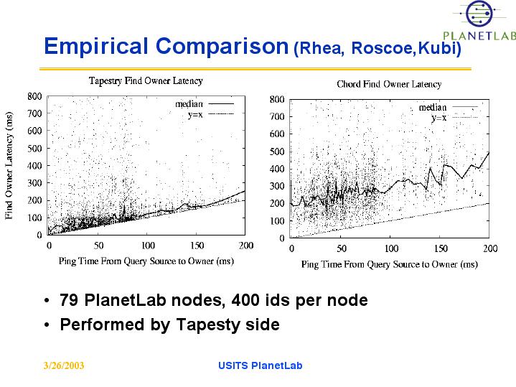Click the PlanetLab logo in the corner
pos(479,22)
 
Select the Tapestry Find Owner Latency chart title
pos(145,81)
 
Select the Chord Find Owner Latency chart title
pos(389,85)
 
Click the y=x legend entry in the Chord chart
pos(438,117)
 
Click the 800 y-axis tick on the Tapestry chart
pos(34,96)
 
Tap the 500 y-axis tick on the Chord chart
pos(277,151)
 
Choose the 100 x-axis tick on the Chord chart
pos(391,248)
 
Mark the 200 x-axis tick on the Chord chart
pos(489,248)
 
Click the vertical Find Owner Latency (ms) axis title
pos(10,166)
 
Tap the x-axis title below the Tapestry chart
pos(146,261)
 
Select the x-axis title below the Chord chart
pos(389,264)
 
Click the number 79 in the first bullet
pos(69,300)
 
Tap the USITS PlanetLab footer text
pos(260,366)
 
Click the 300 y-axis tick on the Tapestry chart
pos(34,183)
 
